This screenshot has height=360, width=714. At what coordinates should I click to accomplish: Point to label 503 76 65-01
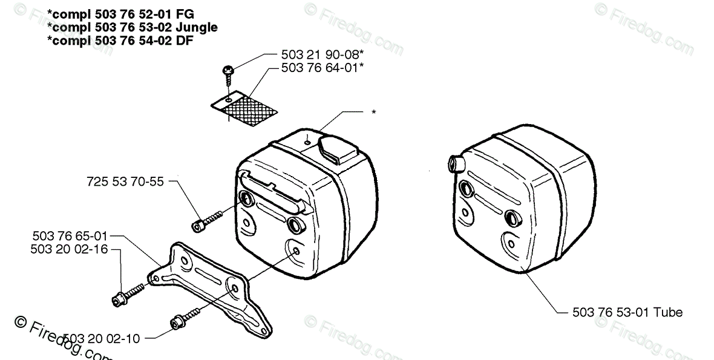coord(70,237)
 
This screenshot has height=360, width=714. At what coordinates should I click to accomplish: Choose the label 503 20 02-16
coord(70,249)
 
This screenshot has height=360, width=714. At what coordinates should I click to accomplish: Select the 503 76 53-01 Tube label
coord(627,313)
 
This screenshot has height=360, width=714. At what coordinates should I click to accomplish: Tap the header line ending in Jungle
coord(132,27)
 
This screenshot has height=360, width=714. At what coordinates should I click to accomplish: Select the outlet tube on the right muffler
coord(454,163)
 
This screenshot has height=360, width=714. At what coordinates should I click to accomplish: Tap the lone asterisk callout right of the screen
coord(374,113)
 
